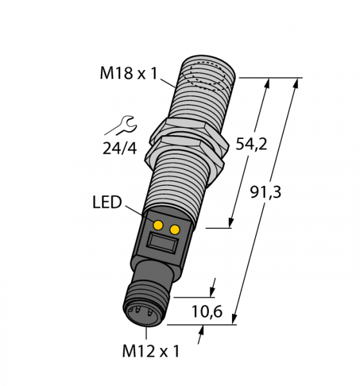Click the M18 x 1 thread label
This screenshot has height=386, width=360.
129,73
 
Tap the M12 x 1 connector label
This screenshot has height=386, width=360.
151,351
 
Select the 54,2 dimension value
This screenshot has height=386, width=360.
251,144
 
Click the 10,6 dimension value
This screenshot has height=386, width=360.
207,311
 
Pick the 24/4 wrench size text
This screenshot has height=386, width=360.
120,149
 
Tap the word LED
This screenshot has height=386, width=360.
107,202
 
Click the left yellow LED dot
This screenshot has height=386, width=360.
158,225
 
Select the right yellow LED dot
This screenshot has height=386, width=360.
175,230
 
